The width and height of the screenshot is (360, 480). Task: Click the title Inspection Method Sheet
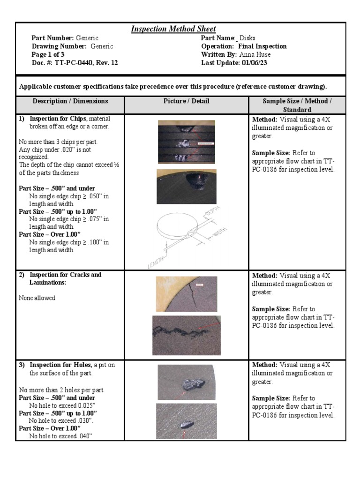click(173, 29)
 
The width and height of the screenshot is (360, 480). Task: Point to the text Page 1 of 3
click(48, 54)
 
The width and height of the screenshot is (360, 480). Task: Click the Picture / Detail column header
click(186, 101)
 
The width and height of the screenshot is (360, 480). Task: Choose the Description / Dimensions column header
click(70, 101)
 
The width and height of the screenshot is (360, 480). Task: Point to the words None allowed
click(37, 298)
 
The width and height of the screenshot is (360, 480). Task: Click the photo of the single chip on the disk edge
click(186, 187)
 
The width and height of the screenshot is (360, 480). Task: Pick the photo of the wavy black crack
click(186, 329)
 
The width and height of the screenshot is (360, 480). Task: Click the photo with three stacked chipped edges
click(186, 142)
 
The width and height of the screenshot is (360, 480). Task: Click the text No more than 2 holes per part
click(61, 390)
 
